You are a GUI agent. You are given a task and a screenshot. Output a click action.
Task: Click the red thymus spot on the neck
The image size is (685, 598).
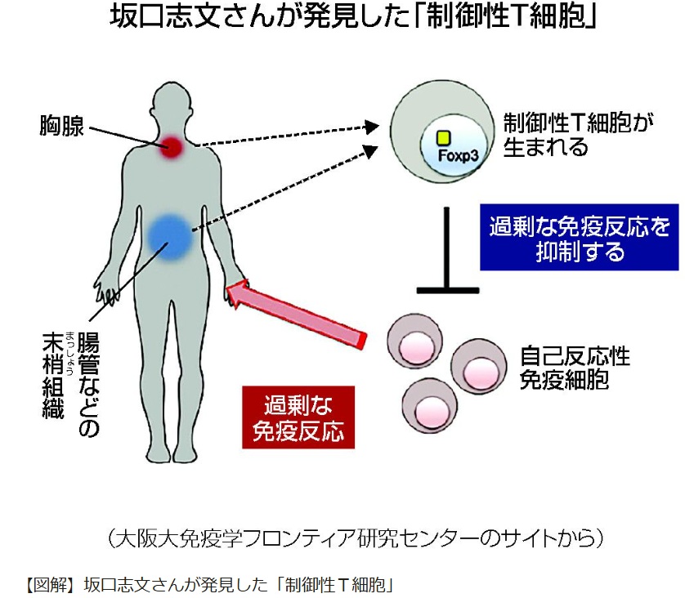[x=171, y=146]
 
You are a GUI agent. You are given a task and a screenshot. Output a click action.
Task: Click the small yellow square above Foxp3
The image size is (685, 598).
[x=443, y=138]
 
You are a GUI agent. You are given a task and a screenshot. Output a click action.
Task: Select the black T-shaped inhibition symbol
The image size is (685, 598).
[x=447, y=253]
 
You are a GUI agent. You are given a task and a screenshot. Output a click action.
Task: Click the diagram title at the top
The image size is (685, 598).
[x=342, y=20]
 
